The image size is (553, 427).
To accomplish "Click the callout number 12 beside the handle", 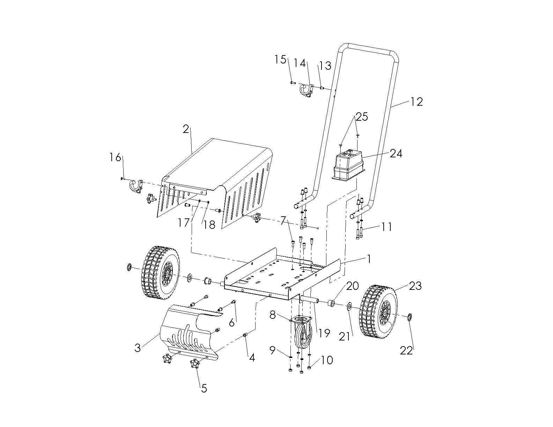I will click(x=417, y=102).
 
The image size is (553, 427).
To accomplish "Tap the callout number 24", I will click(x=396, y=153).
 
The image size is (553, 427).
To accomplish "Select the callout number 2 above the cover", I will click(x=186, y=129).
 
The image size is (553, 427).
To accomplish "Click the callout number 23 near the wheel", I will click(x=415, y=286).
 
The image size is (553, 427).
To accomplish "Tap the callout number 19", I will click(x=324, y=333).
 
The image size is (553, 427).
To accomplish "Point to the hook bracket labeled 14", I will click(x=305, y=90).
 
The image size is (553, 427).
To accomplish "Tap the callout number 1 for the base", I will click(x=369, y=259).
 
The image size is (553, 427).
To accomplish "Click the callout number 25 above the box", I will click(x=362, y=117).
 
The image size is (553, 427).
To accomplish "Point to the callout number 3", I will click(x=138, y=347).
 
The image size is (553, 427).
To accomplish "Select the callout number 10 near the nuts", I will click(x=327, y=360).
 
